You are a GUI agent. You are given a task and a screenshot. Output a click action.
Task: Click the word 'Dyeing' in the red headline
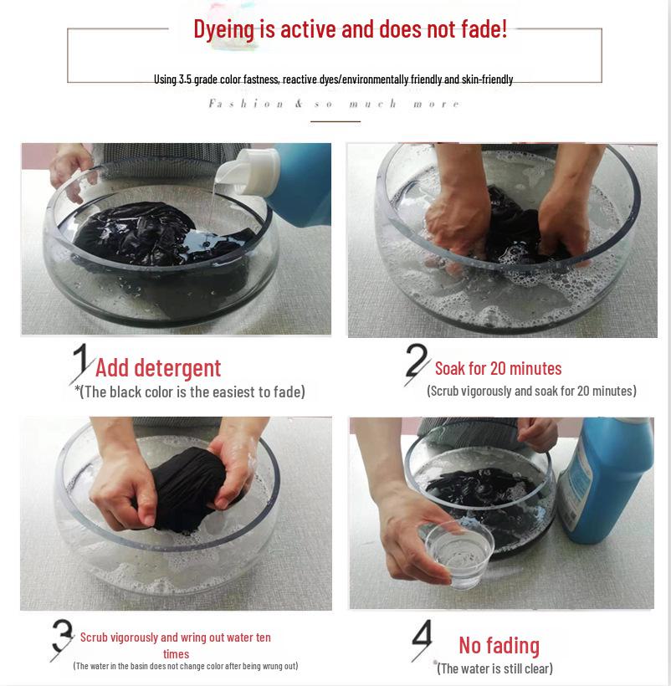tap(223, 30)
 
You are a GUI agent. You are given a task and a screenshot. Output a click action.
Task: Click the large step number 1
tap(81, 363)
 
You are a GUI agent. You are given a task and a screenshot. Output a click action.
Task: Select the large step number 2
tap(416, 365)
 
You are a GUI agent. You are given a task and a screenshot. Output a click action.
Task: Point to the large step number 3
tap(62, 640)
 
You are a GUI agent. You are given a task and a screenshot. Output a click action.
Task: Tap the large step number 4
tap(422, 639)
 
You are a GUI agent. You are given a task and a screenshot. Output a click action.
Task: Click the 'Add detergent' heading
tap(158, 367)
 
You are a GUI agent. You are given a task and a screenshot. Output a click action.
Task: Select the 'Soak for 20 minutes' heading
tap(498, 368)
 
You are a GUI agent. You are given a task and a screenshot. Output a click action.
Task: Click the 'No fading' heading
tap(499, 645)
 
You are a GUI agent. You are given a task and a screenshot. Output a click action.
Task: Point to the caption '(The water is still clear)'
tap(495, 668)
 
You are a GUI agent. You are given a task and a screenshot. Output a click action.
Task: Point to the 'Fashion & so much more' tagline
tap(334, 104)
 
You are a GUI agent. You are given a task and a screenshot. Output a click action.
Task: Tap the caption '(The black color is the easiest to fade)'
tap(190, 392)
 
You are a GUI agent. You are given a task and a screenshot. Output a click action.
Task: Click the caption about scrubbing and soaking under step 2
tap(531, 391)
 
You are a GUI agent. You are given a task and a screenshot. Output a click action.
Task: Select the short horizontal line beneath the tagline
tap(335, 121)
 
